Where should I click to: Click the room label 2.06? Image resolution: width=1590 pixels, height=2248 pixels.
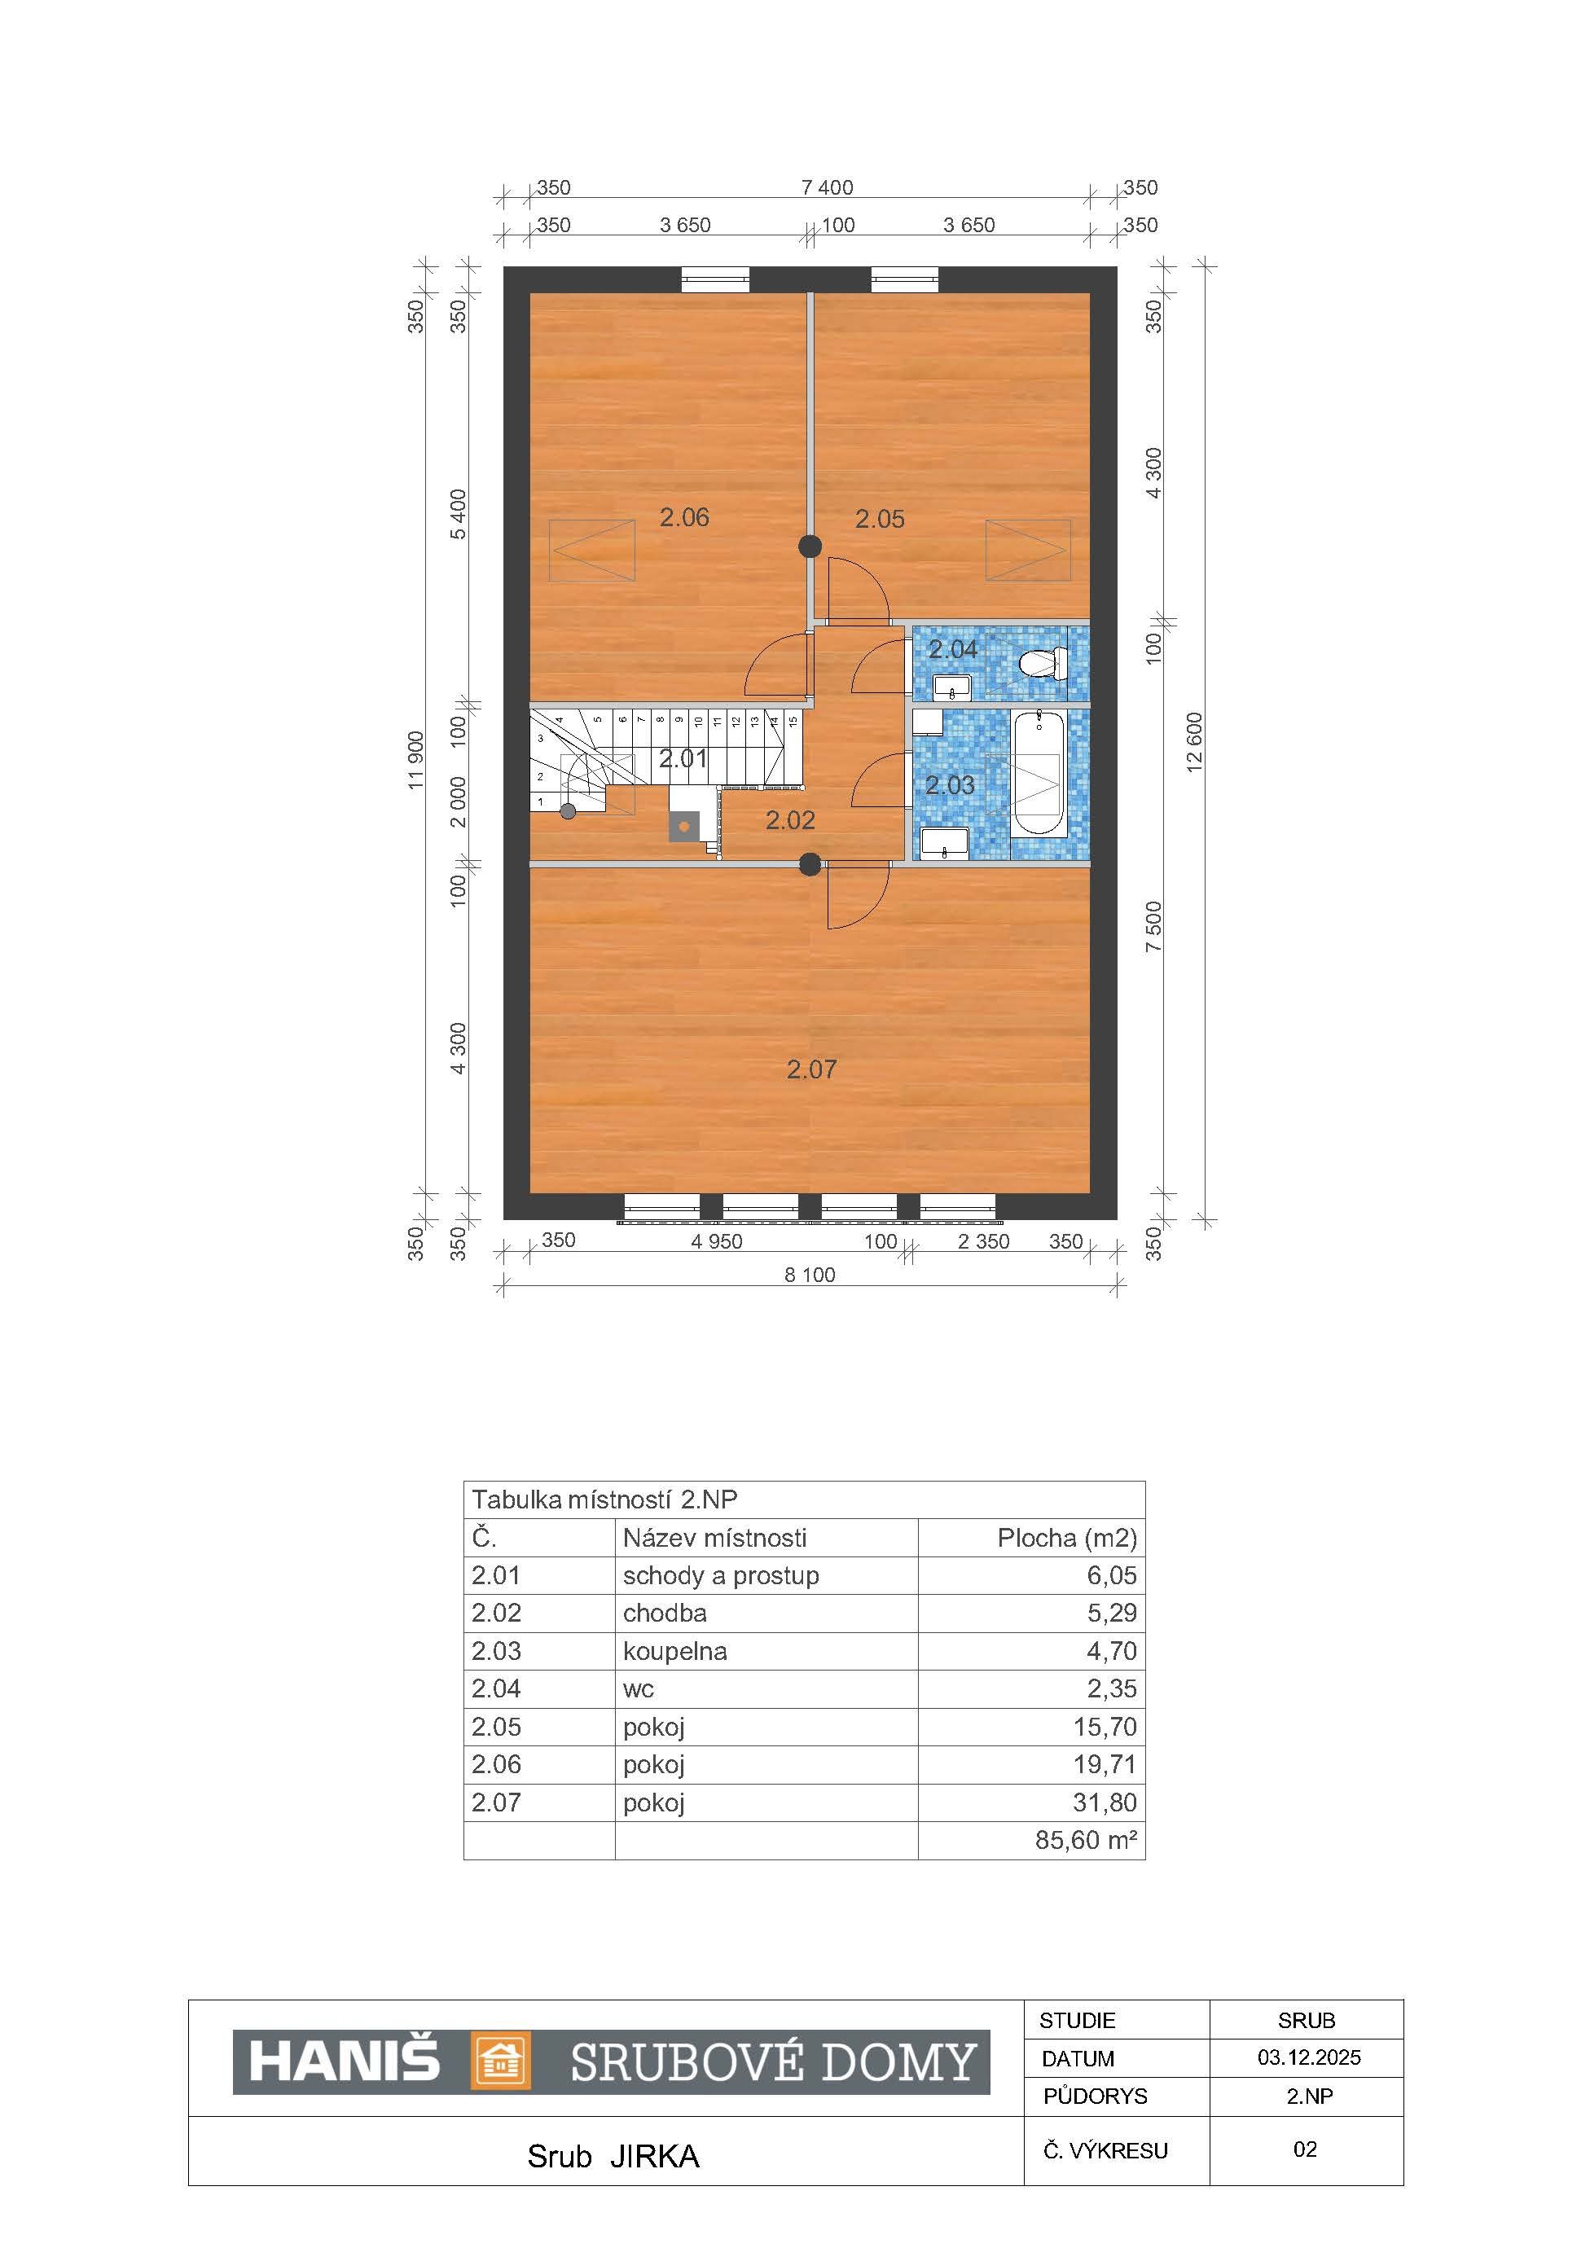[x=683, y=517]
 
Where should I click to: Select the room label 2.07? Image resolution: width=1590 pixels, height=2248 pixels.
[x=811, y=1069]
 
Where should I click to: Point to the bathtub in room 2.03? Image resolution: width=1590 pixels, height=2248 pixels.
[x=1037, y=775]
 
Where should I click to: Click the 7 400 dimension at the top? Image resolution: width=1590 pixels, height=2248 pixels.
[x=828, y=187]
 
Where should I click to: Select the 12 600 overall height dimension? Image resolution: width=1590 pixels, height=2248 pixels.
[x=1194, y=742]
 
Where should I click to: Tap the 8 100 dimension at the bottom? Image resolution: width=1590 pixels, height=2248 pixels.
[x=810, y=1275]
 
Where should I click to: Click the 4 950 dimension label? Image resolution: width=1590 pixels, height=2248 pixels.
[x=717, y=1241]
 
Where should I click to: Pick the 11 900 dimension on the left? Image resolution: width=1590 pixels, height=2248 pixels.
[x=416, y=760]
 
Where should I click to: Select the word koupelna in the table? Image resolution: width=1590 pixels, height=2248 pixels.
[x=674, y=1652]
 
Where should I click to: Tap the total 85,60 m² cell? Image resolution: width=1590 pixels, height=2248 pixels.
[x=1086, y=1840]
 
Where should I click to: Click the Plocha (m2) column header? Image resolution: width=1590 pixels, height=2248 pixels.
[x=1067, y=1538]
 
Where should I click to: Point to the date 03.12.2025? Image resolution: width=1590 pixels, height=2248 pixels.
[x=1309, y=2057]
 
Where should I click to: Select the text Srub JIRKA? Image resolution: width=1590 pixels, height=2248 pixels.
[x=613, y=2157]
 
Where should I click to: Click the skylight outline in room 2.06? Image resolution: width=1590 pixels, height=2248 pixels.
[x=592, y=551]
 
